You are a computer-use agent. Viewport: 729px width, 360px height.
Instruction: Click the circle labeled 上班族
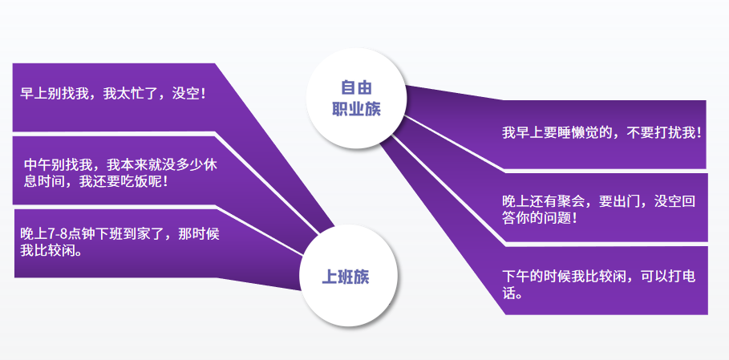click(348, 276)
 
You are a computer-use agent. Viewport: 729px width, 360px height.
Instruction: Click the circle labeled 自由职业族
click(356, 98)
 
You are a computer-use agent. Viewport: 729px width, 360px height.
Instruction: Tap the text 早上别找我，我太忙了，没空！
click(113, 94)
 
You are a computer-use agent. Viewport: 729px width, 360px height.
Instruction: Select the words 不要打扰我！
click(664, 133)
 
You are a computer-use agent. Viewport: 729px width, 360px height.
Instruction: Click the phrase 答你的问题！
click(541, 218)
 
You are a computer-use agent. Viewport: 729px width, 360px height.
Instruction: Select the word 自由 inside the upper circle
click(356, 87)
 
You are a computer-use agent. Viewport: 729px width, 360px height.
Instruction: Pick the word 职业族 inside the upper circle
click(356, 109)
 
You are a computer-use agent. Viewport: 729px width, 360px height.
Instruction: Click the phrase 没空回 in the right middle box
click(675, 201)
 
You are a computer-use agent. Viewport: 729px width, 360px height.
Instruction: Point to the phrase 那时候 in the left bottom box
click(199, 234)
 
